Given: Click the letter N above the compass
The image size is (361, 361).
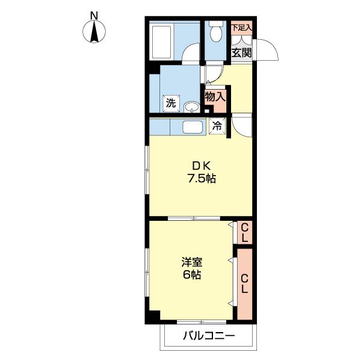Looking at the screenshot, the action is click(x=94, y=16).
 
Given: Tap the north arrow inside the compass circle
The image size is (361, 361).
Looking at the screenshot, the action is click(x=94, y=31).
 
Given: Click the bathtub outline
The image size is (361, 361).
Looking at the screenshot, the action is click(x=161, y=42).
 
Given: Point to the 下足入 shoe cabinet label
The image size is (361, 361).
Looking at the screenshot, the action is click(x=241, y=28).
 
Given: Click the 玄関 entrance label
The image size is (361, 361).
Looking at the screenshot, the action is click(x=241, y=53).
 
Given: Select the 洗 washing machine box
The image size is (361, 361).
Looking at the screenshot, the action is click(x=171, y=103).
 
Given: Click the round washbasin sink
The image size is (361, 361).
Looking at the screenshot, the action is click(x=191, y=107).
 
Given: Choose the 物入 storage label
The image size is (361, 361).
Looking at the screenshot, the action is click(x=215, y=96).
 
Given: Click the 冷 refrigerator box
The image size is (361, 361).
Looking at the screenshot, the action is click(x=217, y=126).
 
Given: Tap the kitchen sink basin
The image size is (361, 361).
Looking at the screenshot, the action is click(x=193, y=127).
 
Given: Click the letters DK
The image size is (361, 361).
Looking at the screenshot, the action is click(x=201, y=165).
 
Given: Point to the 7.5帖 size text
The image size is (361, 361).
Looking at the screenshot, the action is click(x=202, y=178).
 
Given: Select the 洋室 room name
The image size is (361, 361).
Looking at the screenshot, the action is click(x=192, y=262).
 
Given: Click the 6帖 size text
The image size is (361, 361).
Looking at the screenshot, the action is click(x=192, y=275).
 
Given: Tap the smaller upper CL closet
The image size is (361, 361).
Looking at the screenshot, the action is click(x=244, y=232).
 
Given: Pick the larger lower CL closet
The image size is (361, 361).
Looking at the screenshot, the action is click(x=244, y=284).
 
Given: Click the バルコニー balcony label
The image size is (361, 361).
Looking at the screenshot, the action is click(x=209, y=336).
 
